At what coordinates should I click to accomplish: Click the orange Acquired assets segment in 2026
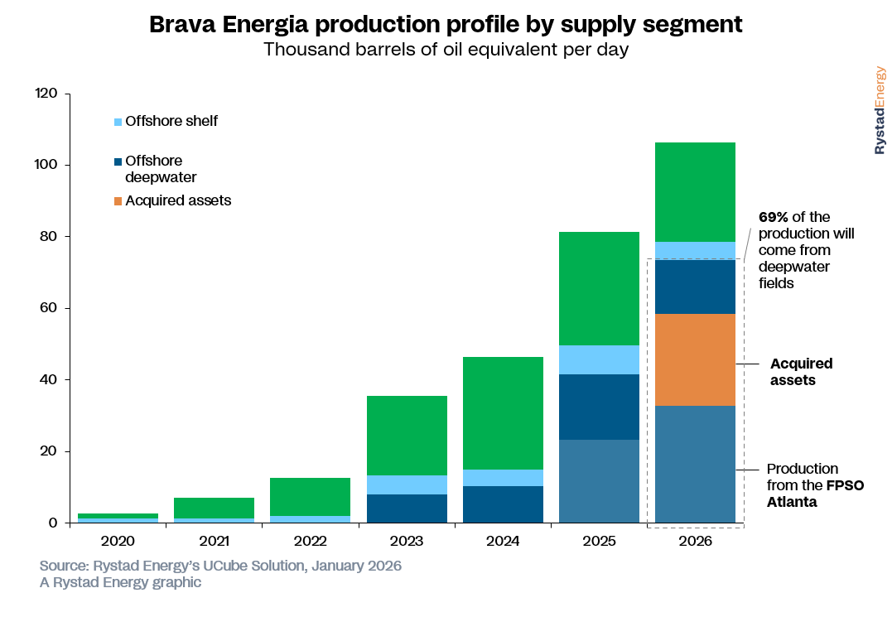coord(695,359)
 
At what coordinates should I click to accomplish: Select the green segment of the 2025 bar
coord(599,288)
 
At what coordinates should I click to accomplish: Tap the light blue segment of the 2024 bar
coord(503,478)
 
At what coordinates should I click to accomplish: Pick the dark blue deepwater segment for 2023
coord(407,509)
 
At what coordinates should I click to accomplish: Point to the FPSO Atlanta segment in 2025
coord(599,481)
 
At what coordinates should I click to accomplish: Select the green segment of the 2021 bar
coord(215,508)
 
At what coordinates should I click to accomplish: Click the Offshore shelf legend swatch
coord(118,122)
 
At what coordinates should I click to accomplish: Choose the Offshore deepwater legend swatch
coord(118,161)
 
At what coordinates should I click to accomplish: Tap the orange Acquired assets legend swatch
coord(118,201)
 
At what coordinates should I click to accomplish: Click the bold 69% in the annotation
coord(774,217)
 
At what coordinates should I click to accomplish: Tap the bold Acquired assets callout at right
coord(801,372)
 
